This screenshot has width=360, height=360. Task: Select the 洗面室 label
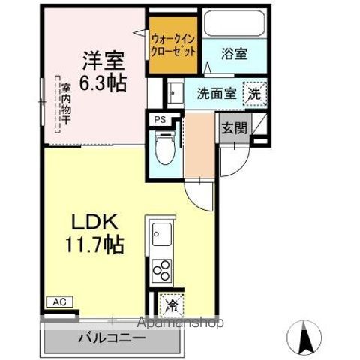[217, 94]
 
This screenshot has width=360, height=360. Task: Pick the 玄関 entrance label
[233, 127]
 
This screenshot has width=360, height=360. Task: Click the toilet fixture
[162, 147]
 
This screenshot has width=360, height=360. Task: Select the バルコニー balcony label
[110, 338]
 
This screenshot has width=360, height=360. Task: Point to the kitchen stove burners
[162, 269]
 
